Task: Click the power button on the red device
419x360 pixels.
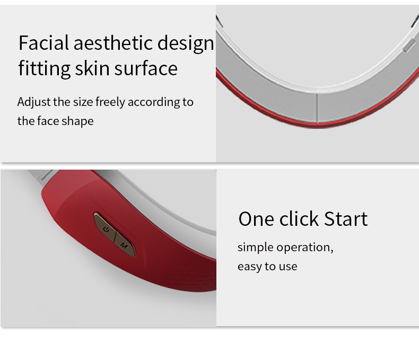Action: tap(106, 227)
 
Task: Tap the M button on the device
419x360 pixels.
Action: tap(125, 244)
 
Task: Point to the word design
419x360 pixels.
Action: tap(186, 44)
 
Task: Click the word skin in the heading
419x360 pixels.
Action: tap(92, 68)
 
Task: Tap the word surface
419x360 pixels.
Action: tap(146, 68)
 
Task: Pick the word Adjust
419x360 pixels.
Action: tap(34, 102)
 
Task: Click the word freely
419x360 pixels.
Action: tap(110, 102)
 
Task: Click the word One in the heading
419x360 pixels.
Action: tap(257, 219)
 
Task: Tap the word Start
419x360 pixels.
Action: tap(346, 219)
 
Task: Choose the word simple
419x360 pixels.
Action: tap(256, 248)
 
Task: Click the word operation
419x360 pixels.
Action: tap(305, 248)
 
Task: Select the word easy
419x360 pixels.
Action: tap(250, 267)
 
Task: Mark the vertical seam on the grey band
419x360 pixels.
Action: tap(317, 108)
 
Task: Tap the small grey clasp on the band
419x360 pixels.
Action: tap(409, 45)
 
